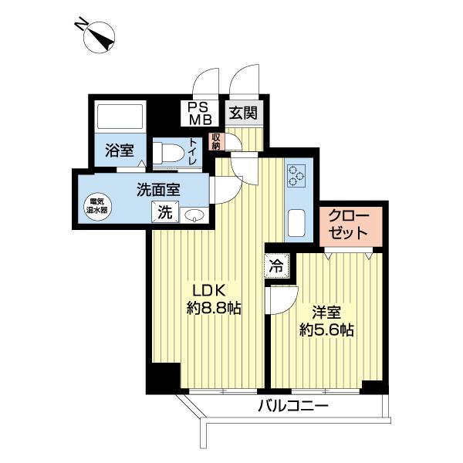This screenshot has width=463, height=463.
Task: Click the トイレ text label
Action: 193,152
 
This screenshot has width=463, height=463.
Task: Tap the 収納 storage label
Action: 216,141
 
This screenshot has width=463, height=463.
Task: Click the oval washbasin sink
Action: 194,215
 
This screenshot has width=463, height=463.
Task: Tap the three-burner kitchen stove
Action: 296,177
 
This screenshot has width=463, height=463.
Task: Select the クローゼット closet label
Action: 350,225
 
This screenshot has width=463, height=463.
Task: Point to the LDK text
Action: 208,291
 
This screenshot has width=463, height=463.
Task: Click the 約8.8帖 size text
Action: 213,309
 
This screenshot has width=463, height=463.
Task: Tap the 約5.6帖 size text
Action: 326,330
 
